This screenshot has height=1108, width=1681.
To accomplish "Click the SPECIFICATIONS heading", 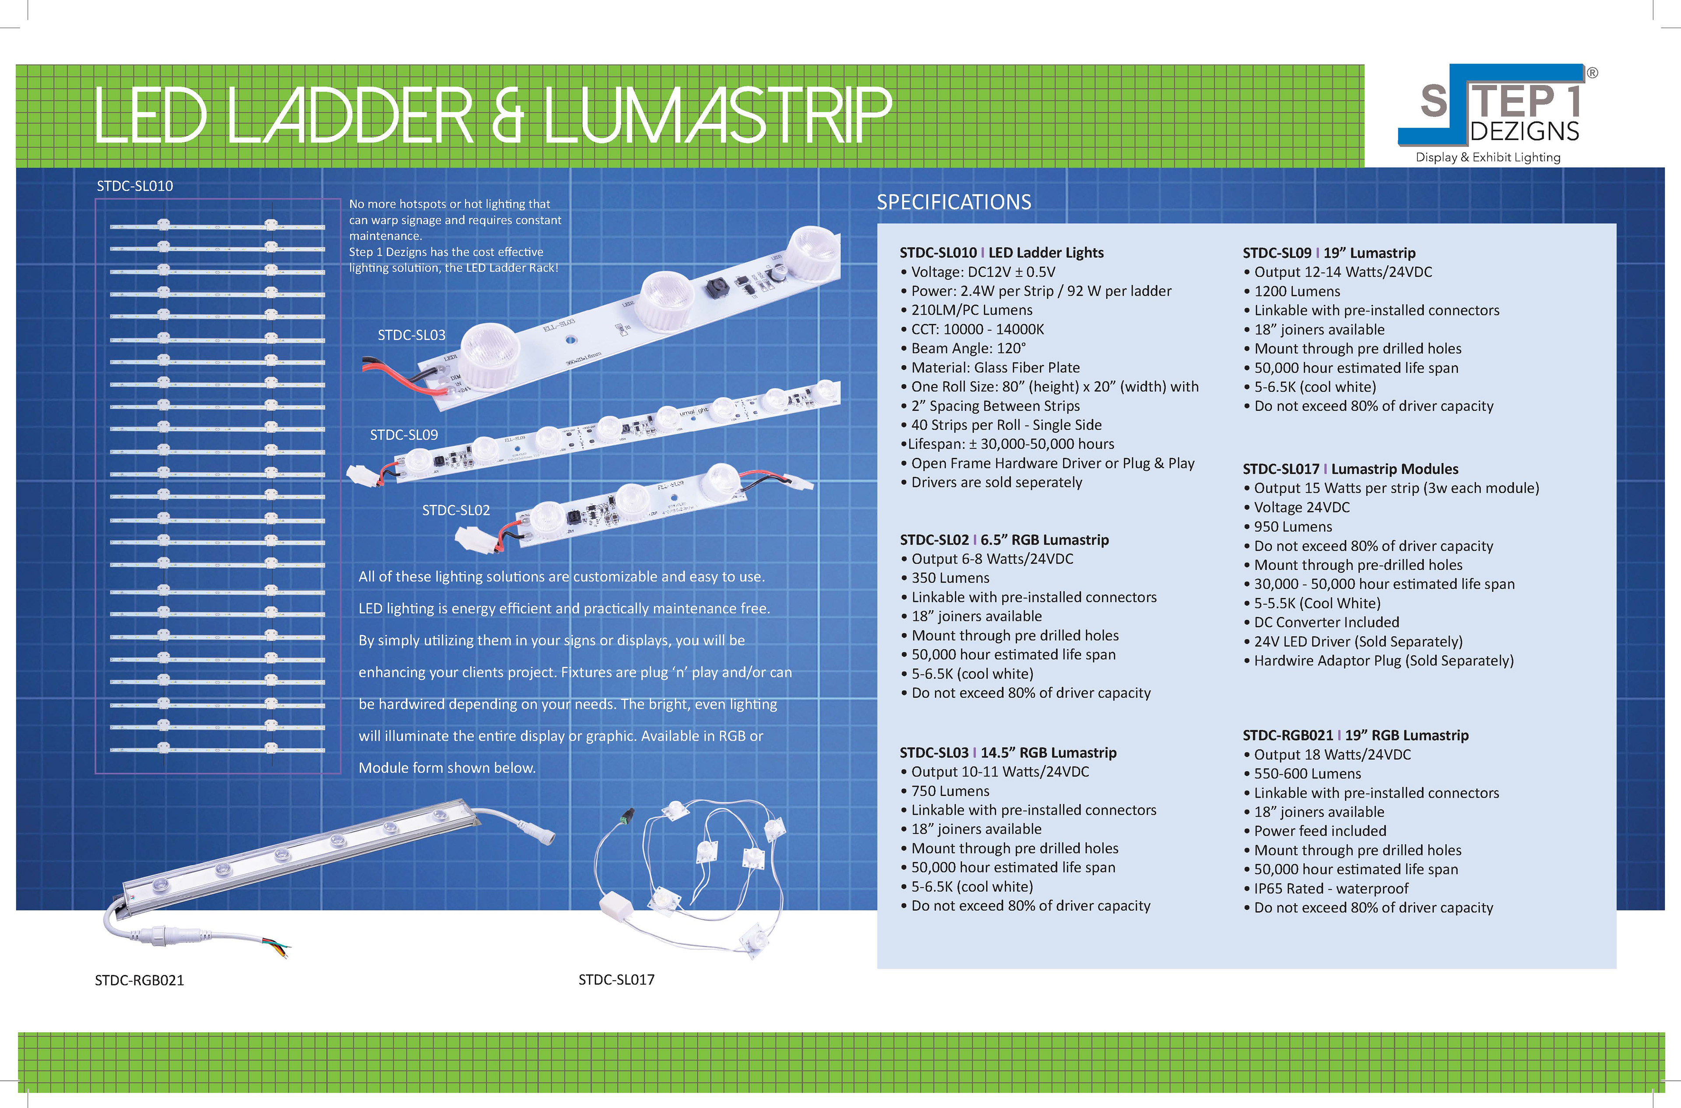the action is tap(953, 202).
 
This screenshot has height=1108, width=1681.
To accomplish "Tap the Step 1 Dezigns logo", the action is tap(1498, 106).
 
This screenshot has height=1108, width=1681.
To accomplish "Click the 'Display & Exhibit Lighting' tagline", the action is tap(1488, 158).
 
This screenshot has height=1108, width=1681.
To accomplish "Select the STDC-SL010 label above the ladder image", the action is tap(135, 186).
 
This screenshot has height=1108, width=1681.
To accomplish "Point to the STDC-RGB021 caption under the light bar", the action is tap(139, 980).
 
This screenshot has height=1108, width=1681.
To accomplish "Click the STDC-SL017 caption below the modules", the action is tap(616, 979).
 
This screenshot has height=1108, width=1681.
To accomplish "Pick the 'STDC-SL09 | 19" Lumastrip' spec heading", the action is tap(1329, 253).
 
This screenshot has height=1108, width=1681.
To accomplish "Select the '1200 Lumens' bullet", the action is tap(1297, 291).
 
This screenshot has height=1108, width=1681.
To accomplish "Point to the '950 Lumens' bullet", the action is tap(1293, 526).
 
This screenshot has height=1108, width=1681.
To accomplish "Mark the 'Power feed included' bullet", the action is tap(1319, 831).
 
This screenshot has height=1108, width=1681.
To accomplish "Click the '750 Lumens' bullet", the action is tap(950, 791).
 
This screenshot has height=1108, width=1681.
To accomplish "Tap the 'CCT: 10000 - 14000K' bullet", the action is tap(977, 329).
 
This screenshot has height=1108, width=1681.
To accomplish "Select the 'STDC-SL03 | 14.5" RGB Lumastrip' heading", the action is tap(1008, 752).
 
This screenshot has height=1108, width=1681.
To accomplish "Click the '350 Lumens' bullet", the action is tap(950, 578).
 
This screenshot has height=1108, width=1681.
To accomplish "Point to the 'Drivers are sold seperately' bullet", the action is tap(996, 483).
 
